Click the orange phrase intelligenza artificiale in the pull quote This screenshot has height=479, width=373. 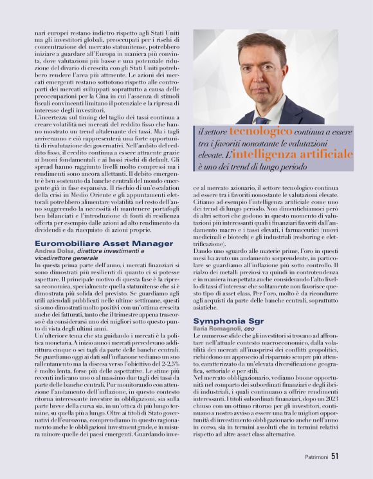(x=305, y=155)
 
